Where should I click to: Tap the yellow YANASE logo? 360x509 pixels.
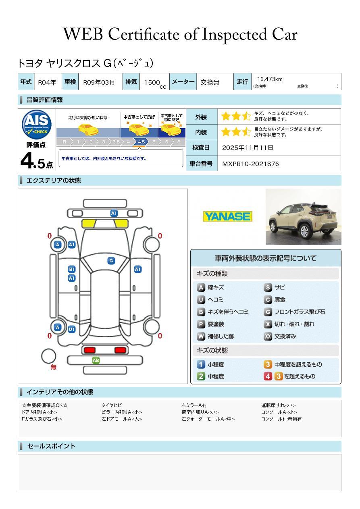227,216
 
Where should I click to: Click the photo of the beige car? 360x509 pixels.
303,217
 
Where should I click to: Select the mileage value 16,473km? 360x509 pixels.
270,79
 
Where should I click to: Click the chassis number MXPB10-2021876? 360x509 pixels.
250,164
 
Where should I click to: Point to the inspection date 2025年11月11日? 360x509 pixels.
248,148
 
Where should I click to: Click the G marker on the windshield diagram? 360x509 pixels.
111,261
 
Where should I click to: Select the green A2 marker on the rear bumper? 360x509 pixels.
96,360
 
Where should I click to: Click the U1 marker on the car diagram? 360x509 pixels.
71,329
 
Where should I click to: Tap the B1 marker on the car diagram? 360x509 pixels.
72,269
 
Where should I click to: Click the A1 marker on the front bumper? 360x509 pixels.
114,213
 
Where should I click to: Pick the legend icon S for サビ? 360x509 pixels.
268,287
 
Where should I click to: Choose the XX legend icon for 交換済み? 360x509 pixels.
268,336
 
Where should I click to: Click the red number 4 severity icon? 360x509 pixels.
268,376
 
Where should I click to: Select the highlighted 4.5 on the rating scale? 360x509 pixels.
141,142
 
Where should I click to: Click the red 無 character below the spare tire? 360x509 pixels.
54,367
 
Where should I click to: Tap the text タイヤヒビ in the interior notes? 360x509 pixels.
112,405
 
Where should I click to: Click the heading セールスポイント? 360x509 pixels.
51,446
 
